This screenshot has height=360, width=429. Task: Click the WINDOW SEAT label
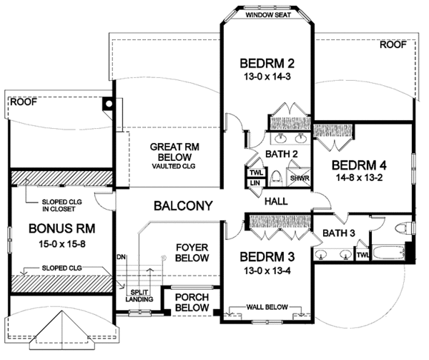[268, 15]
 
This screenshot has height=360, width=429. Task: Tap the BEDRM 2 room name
[267, 64]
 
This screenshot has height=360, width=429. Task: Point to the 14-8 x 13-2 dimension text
[359, 178]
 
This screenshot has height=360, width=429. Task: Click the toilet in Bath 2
[275, 178]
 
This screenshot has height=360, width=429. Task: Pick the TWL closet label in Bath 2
[256, 172]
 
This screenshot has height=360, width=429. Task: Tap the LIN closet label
[255, 183]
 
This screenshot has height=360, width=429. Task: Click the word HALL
[276, 202]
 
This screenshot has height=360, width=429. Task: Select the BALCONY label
[183, 205]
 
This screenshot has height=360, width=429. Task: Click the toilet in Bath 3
[403, 228]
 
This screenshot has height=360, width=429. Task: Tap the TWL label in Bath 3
[363, 255]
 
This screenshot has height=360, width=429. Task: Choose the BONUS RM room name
[61, 228]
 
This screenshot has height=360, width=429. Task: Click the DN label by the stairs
[121, 257]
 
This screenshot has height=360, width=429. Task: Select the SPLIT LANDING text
[139, 296]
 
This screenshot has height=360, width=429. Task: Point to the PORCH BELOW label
[192, 302]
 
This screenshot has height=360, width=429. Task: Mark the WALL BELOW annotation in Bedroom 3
[267, 307]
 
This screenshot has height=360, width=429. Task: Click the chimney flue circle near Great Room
[109, 104]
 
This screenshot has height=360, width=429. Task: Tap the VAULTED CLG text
[174, 166]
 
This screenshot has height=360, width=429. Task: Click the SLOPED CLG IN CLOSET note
[61, 205]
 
